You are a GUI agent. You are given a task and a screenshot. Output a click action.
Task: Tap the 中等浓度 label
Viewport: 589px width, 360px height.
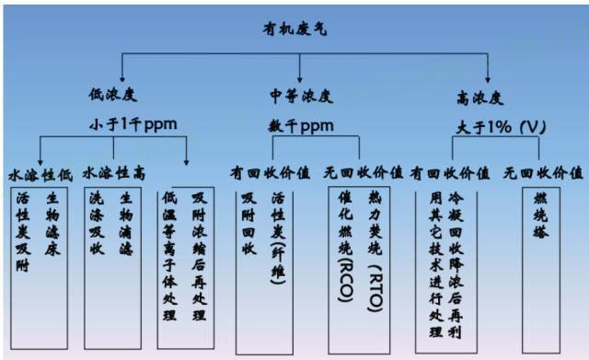click(x=300, y=95)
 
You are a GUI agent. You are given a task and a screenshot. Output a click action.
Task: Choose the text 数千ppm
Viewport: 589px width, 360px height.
click(x=301, y=122)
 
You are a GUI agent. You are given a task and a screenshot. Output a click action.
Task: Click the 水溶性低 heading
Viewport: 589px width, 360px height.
click(x=39, y=172)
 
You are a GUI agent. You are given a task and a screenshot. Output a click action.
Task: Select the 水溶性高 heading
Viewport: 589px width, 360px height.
click(x=113, y=172)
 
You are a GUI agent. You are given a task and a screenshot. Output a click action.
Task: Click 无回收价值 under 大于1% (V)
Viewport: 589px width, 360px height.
click(x=549, y=172)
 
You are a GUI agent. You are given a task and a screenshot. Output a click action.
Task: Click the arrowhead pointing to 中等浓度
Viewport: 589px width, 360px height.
click(x=300, y=79)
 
